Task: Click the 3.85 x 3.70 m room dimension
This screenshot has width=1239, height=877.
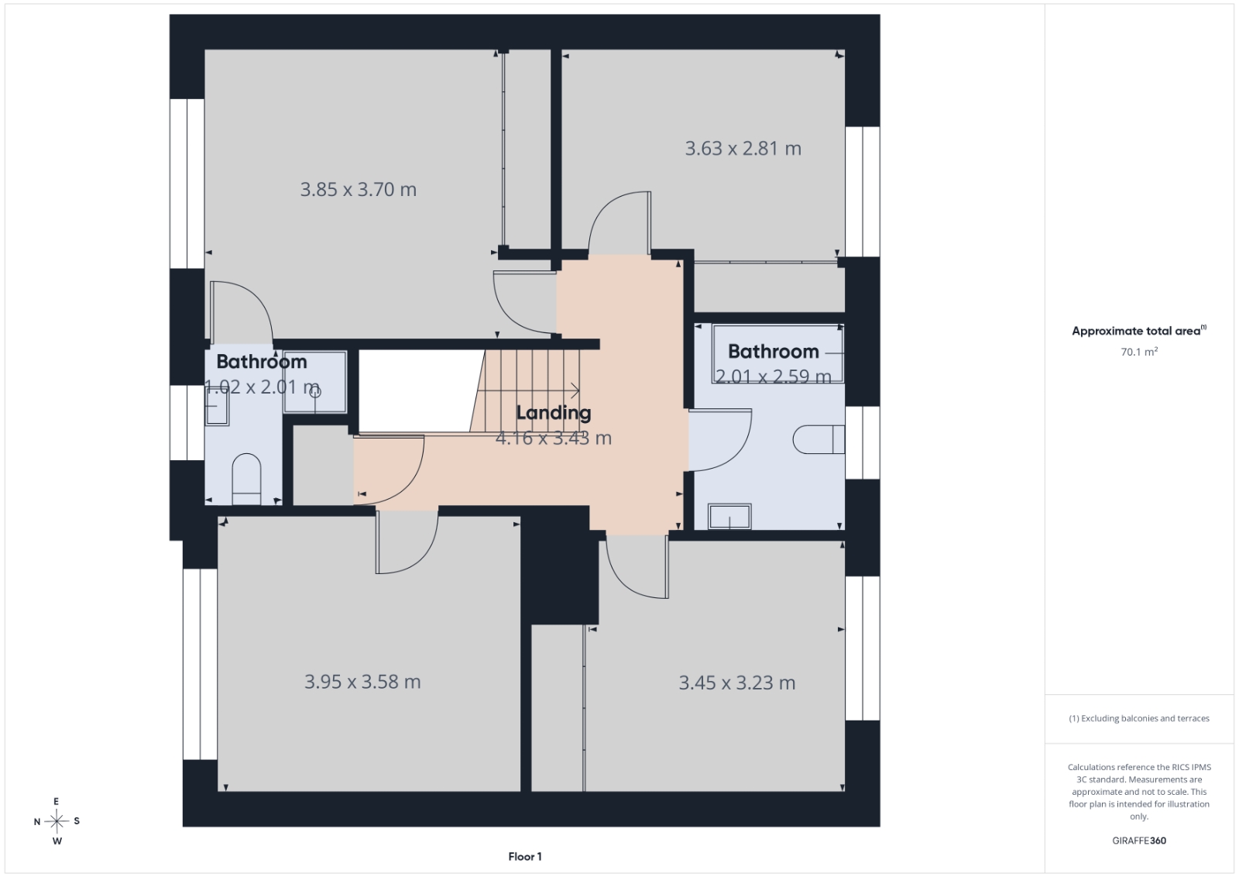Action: (x=358, y=190)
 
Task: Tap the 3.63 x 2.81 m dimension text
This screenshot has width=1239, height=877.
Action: (x=743, y=148)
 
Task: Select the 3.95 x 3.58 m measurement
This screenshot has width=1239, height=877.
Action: (x=362, y=682)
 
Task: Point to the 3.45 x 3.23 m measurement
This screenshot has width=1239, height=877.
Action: (x=736, y=683)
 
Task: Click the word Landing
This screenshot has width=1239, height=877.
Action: (x=553, y=413)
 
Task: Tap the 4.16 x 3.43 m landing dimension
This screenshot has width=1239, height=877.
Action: (x=553, y=438)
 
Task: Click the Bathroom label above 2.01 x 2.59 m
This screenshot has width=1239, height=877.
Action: (x=773, y=352)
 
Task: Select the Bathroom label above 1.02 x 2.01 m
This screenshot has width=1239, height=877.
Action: (x=261, y=362)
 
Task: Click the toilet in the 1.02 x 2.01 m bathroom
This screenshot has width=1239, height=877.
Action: (x=246, y=479)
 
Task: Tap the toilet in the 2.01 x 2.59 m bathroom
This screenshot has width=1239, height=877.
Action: (x=819, y=440)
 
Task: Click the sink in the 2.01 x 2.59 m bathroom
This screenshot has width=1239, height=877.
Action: (x=729, y=516)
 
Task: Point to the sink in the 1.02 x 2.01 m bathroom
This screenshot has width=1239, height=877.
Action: (x=217, y=406)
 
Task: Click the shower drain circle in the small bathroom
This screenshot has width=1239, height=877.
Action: (x=315, y=392)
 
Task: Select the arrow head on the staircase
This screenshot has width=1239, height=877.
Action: (x=576, y=391)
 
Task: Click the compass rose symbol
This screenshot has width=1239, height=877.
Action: (x=57, y=821)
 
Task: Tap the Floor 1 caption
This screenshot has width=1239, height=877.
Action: (x=525, y=857)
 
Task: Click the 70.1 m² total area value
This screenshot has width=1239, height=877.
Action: (x=1139, y=352)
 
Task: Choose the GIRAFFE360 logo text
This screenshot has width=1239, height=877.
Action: (x=1139, y=841)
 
